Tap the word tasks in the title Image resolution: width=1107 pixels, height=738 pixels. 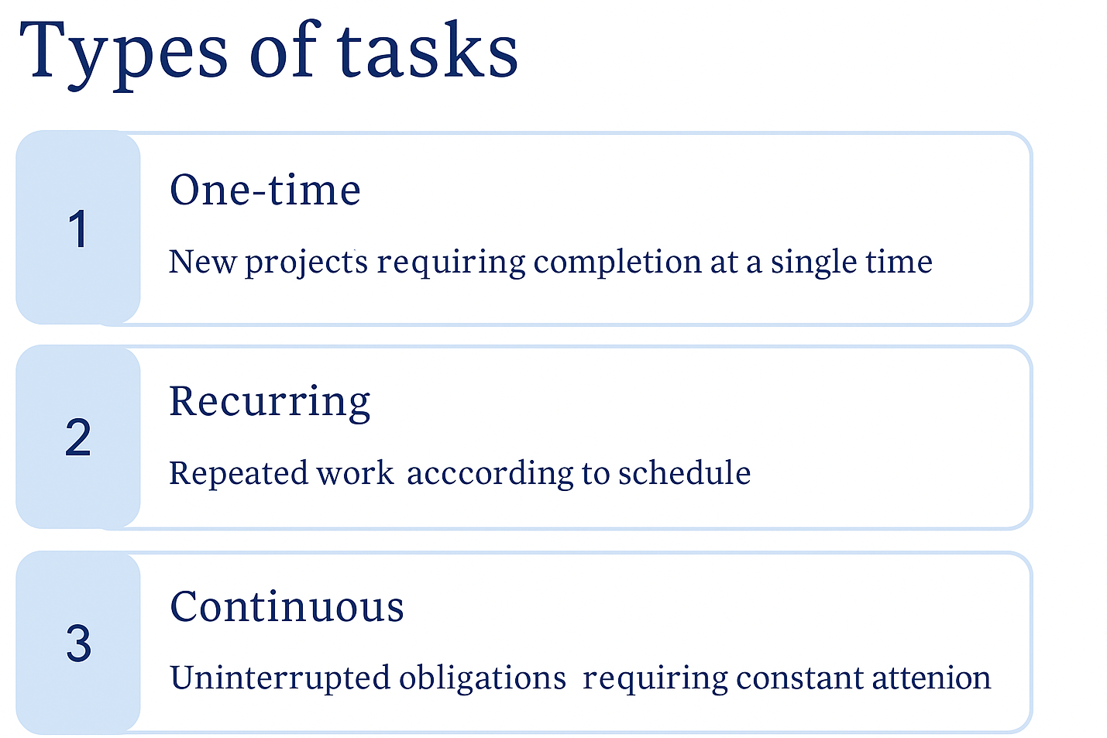pyautogui.click(x=428, y=50)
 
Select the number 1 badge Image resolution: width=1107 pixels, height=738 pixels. pyautogui.click(x=78, y=228)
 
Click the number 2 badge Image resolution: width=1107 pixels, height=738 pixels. pyautogui.click(x=78, y=437)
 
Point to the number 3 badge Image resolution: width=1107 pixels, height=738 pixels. pyautogui.click(x=78, y=642)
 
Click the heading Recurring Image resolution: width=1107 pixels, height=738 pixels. pyautogui.click(x=270, y=403)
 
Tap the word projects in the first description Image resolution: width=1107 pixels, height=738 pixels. pyautogui.click(x=307, y=263)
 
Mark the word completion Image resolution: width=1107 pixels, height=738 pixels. pyautogui.click(x=617, y=262)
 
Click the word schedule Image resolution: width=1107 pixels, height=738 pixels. pyautogui.click(x=685, y=472)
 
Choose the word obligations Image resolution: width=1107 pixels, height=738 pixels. pyautogui.click(x=483, y=678)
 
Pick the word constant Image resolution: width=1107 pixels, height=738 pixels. pyautogui.click(x=799, y=678)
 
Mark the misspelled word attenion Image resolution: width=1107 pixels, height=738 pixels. pyautogui.click(x=932, y=678)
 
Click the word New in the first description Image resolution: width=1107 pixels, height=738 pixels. pyautogui.click(x=203, y=262)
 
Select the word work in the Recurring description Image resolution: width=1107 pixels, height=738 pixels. pyautogui.click(x=356, y=473)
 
